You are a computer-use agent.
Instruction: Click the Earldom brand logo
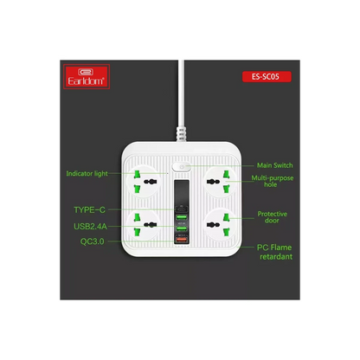click(87, 76)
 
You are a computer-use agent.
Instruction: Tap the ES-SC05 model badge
click(267, 77)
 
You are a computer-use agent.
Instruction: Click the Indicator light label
click(87, 174)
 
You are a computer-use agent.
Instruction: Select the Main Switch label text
click(274, 165)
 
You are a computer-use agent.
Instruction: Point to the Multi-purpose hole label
click(273, 181)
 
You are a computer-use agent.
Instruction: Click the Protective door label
click(273, 217)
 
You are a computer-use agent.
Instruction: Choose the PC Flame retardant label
click(274, 252)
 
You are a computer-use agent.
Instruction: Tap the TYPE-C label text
click(89, 209)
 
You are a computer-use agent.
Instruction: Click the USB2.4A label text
click(90, 227)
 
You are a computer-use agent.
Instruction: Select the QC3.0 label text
click(93, 241)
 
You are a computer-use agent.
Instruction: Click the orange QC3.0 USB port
click(182, 240)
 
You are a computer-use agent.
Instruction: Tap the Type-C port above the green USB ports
click(182, 208)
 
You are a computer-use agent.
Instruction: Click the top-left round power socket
click(142, 181)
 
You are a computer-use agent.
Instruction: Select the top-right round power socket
click(221, 181)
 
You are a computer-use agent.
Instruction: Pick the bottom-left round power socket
click(142, 224)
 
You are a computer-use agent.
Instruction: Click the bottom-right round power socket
click(221, 224)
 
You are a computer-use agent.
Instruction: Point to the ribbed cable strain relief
click(182, 134)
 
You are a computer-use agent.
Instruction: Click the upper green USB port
click(182, 217)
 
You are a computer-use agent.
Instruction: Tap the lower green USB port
click(182, 228)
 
